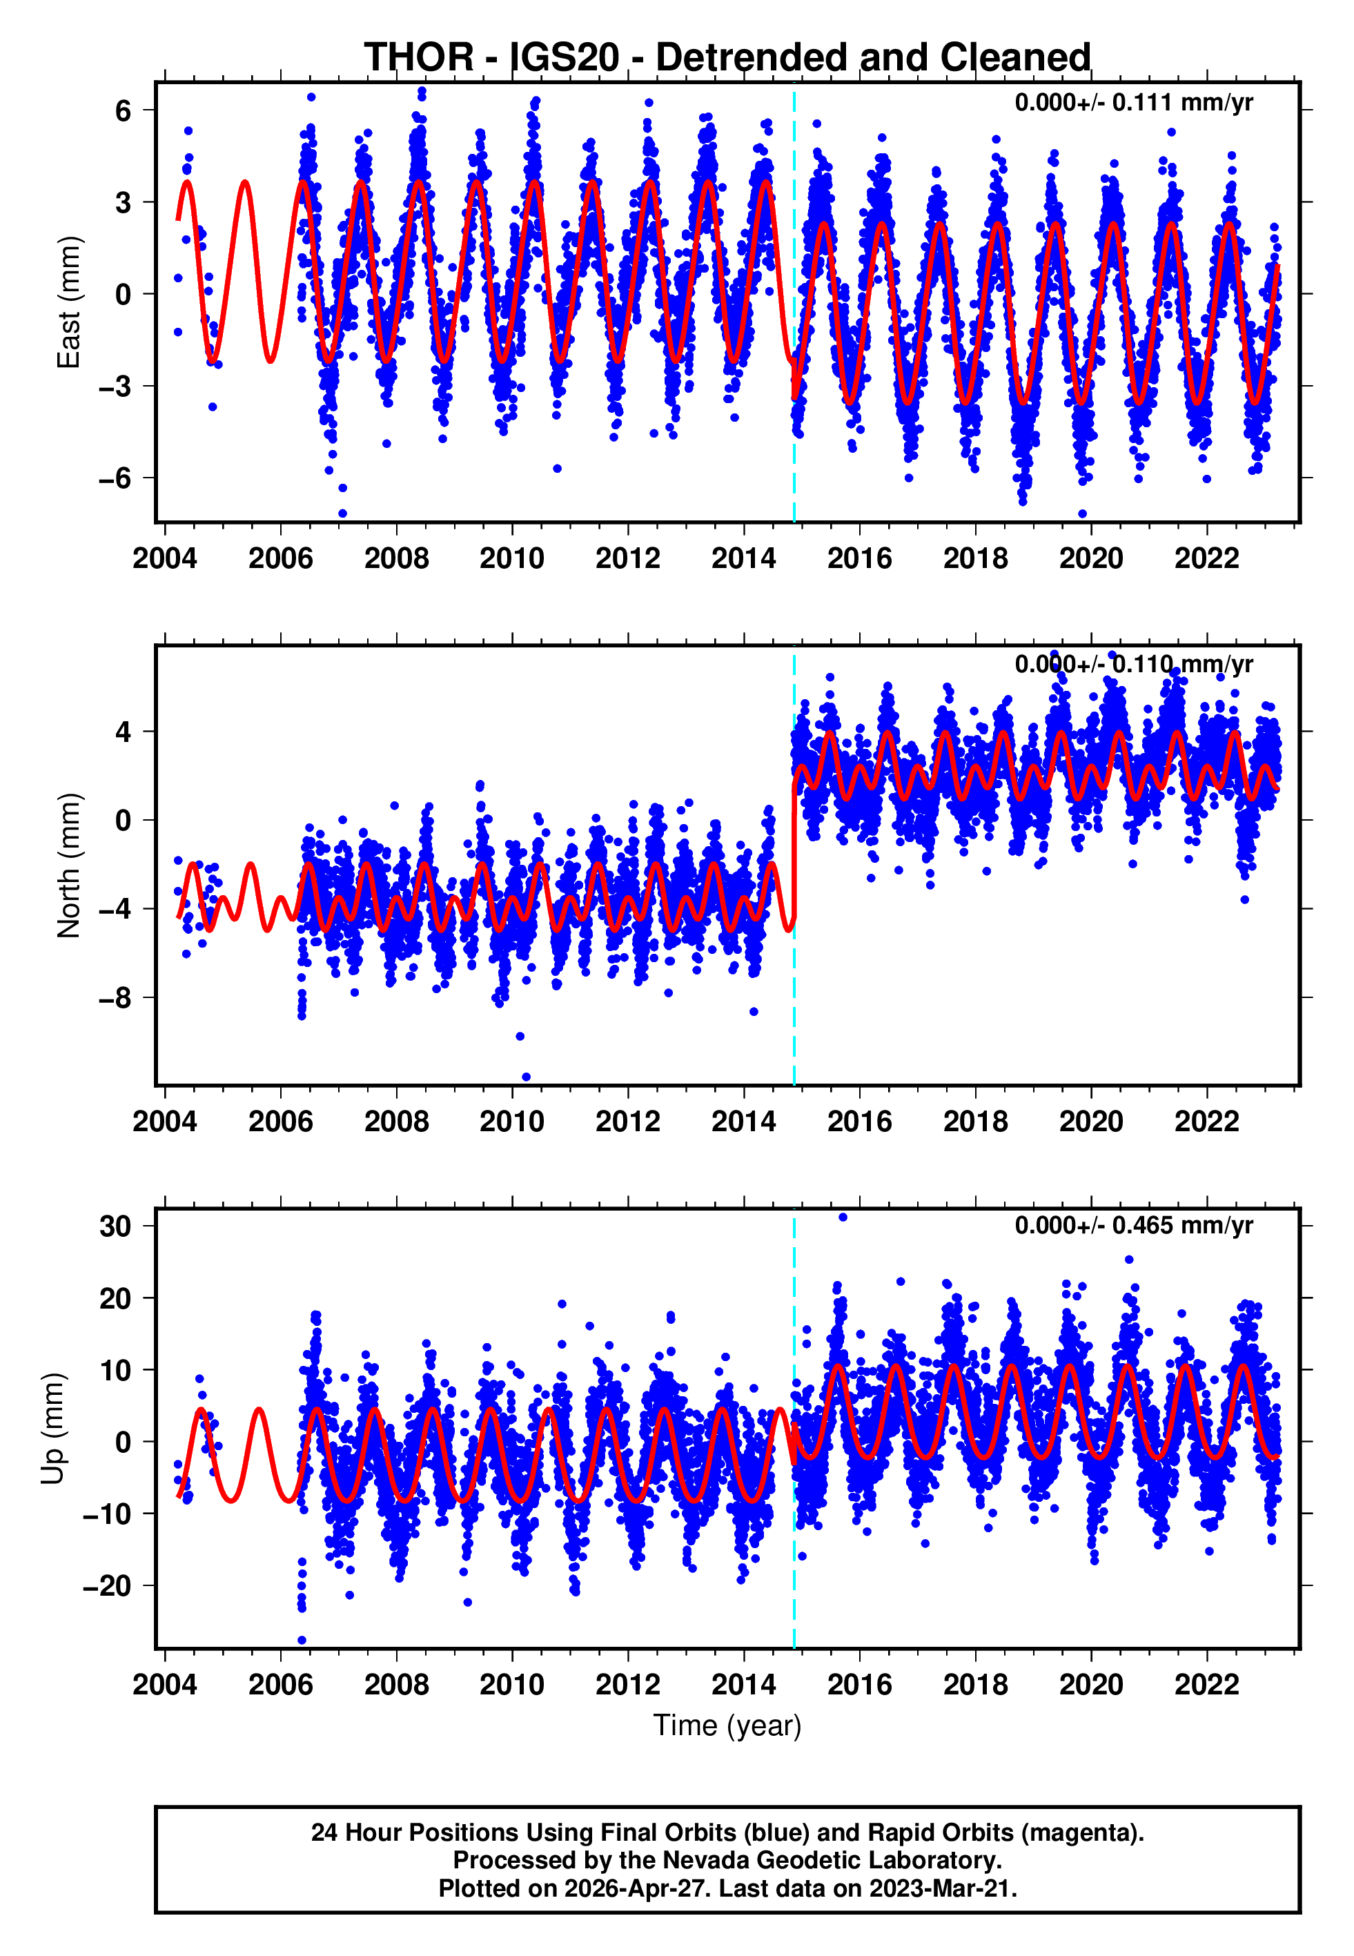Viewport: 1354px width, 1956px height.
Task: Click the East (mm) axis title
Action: click(68, 302)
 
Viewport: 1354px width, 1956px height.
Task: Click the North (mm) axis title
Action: click(68, 865)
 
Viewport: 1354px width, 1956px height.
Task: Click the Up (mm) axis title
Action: click(52, 1427)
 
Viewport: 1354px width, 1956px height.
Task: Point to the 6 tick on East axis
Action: click(123, 110)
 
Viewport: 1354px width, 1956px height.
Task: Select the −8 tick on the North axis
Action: click(115, 998)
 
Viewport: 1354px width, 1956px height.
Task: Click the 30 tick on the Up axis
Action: click(115, 1226)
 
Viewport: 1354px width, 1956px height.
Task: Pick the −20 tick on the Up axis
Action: click(107, 1585)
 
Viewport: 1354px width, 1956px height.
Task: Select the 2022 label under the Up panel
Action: click(1206, 1684)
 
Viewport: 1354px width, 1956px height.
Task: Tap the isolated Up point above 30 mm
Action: click(843, 1217)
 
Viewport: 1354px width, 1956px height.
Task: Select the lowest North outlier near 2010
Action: click(526, 1077)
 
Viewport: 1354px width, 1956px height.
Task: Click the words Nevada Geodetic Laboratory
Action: click(832, 1860)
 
